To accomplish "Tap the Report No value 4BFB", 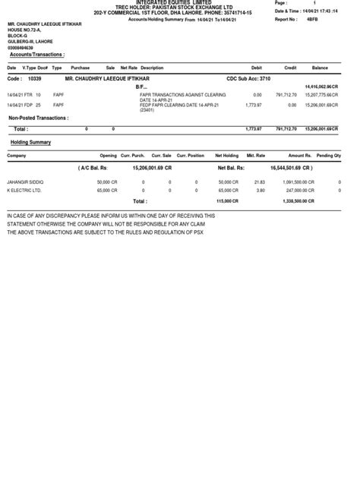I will pos(311,20).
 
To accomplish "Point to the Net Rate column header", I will pos(129,68).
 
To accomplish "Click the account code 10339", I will pos(34,78).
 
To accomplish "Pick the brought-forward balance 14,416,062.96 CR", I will pos(321,87).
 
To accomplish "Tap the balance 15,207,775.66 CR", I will pos(321,94).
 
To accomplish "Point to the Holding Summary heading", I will pos(30,142).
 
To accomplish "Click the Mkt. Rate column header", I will pos(256,155).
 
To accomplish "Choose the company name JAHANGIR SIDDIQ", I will pos(25,182).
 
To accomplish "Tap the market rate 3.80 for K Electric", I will pos(260,190).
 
